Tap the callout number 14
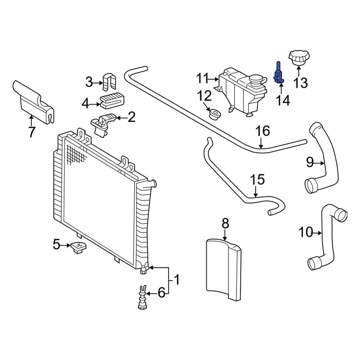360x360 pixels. click(283, 101)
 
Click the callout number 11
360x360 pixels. click(202, 78)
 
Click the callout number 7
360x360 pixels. click(32, 132)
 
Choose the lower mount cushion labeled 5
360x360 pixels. click(78, 247)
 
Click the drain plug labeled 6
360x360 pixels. click(142, 299)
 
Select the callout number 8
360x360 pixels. click(225, 224)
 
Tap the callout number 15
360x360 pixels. click(257, 180)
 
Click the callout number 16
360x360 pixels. click(263, 131)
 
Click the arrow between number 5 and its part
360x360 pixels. click(66, 245)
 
